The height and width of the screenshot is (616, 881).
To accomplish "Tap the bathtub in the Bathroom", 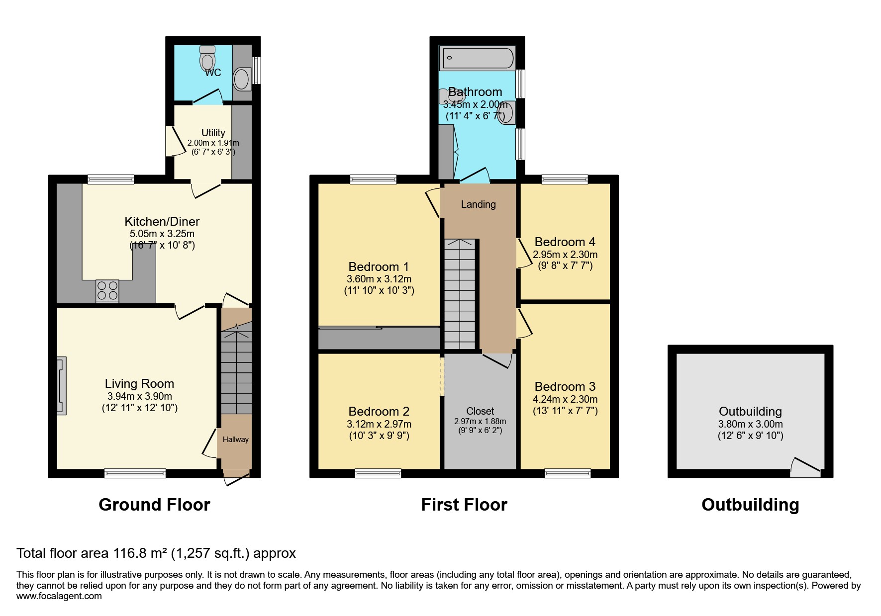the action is click(x=477, y=58).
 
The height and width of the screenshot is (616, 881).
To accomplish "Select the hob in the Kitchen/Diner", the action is click(x=107, y=291).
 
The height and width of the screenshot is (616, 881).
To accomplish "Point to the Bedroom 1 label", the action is click(x=379, y=267).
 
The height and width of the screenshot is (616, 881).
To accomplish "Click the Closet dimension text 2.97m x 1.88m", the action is click(x=480, y=422).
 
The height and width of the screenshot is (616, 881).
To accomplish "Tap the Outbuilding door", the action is click(x=805, y=468).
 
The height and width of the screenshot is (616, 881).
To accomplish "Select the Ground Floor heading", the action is click(x=154, y=505).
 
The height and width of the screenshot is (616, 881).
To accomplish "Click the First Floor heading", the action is click(x=464, y=505).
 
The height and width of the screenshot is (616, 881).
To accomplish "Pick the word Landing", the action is click(x=478, y=204).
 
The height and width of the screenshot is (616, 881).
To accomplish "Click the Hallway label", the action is click(x=235, y=440).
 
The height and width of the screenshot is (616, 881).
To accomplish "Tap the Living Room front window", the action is click(x=135, y=473).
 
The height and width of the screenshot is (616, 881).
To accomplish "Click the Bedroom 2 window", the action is click(x=378, y=473).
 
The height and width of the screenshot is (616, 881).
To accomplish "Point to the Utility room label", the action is click(x=213, y=133).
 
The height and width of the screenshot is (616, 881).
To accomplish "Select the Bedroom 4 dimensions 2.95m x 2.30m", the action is click(x=565, y=255).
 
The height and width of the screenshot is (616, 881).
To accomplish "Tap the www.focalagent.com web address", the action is click(x=59, y=596).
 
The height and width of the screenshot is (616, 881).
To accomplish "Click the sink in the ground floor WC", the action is click(x=242, y=79).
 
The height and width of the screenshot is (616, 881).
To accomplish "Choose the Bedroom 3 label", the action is click(x=565, y=387).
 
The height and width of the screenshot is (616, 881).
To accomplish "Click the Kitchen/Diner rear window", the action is click(x=111, y=179).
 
